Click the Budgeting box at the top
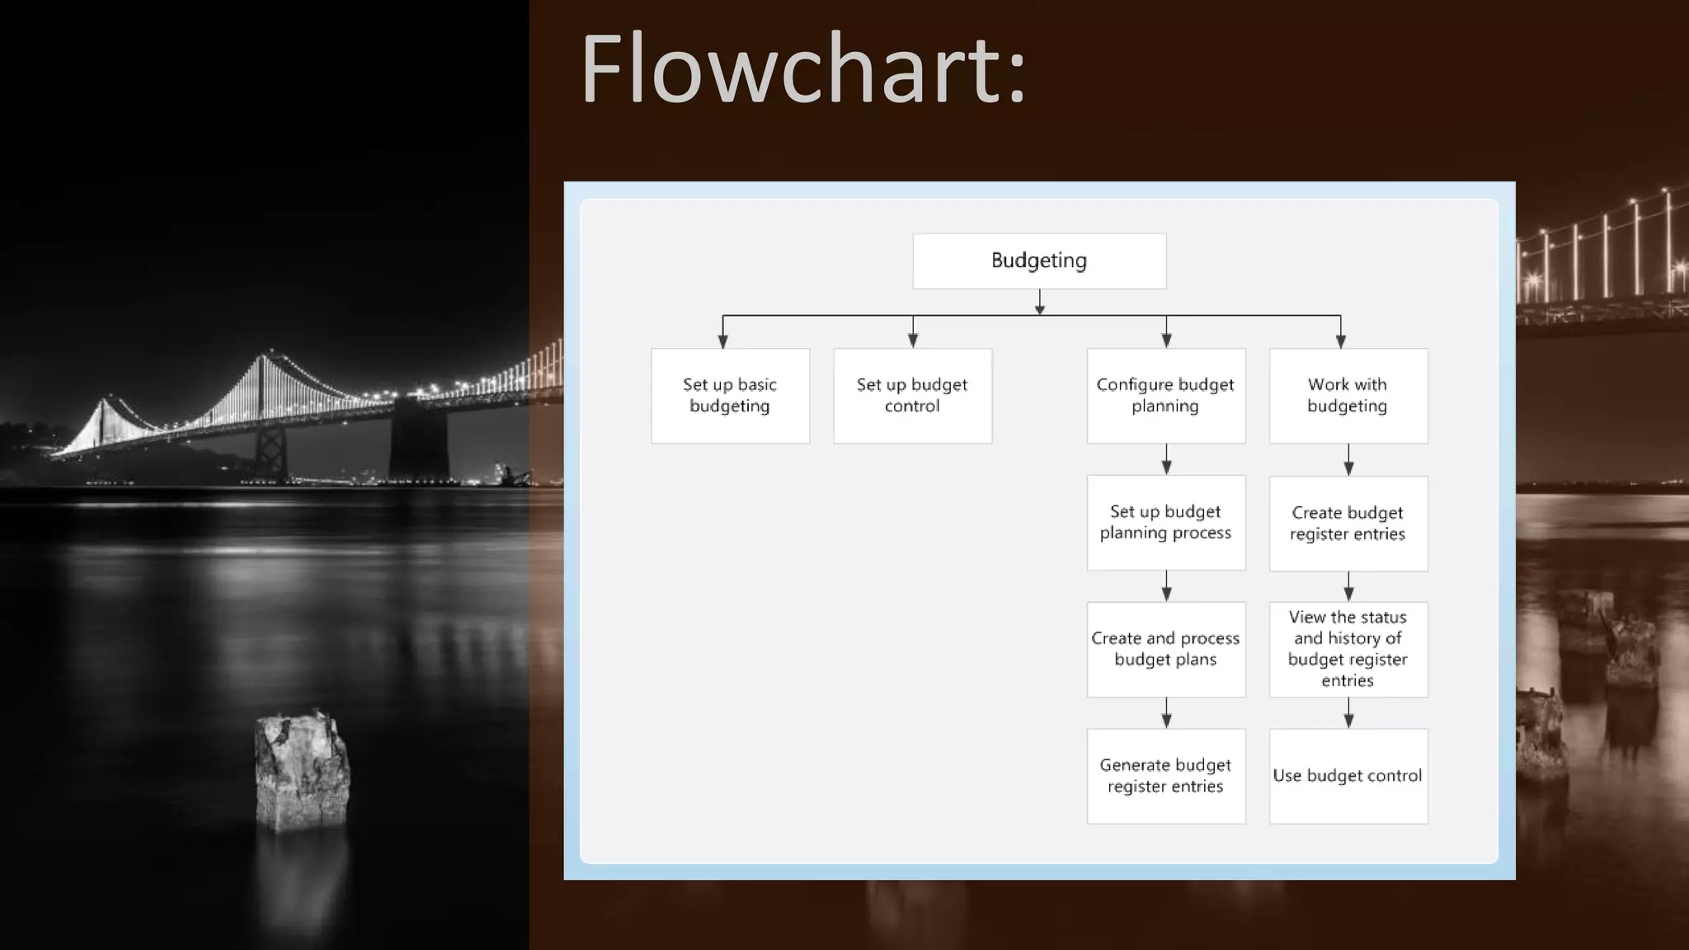(x=1039, y=261)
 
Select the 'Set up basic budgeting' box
(x=730, y=396)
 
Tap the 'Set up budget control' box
(x=912, y=396)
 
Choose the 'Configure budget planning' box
(x=1165, y=396)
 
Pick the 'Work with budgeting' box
(x=1348, y=396)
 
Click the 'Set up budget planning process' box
(x=1165, y=522)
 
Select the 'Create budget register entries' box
(x=1348, y=524)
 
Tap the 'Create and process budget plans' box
(x=1165, y=649)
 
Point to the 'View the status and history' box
(x=1348, y=649)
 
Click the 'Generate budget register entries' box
(x=1165, y=775)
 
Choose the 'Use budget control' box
(x=1348, y=775)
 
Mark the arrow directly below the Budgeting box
(x=1039, y=303)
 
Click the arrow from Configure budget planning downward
(x=1166, y=460)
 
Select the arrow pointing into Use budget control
(x=1348, y=713)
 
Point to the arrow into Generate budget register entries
(x=1166, y=713)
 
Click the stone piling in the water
(x=302, y=771)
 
